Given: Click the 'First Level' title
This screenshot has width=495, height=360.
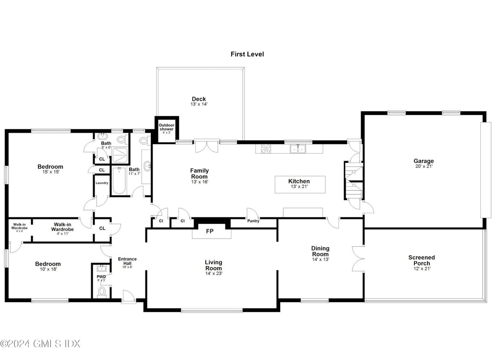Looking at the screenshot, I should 247,54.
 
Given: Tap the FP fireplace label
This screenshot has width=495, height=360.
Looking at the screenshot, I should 209,231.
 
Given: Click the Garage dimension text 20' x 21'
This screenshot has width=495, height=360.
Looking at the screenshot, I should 423,166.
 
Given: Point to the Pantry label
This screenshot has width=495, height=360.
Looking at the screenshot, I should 253,221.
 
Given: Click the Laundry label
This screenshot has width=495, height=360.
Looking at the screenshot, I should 101,183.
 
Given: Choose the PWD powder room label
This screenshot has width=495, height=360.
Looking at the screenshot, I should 101,277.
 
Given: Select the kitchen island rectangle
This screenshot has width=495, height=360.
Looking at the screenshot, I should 300,184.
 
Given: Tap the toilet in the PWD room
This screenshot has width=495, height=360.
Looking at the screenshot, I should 102,292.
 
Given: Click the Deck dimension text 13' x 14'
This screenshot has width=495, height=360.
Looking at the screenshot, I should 199,104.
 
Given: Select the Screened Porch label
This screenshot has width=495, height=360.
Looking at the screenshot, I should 421,260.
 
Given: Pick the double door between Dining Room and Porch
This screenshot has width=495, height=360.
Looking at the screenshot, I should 358,259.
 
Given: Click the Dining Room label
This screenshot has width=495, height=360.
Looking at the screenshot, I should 320,251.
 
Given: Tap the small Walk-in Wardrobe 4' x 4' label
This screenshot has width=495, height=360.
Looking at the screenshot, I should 19,227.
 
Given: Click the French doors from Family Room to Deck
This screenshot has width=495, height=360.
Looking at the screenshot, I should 207,147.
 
